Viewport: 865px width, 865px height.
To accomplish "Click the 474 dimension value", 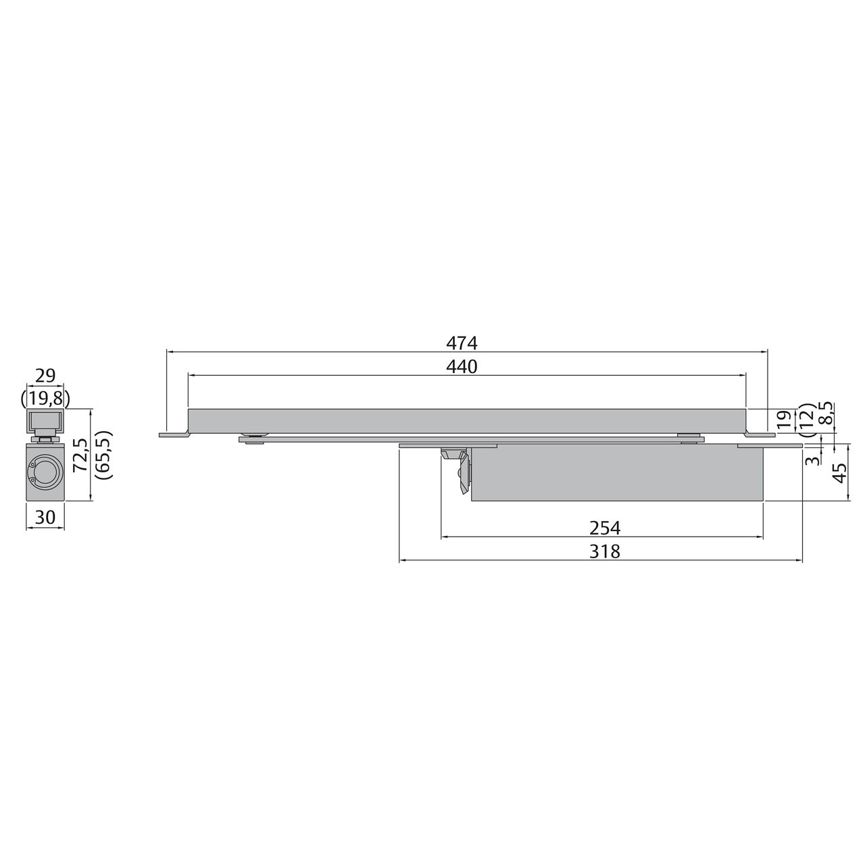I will [462, 343].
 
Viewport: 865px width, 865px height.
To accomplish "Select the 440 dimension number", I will [462, 367].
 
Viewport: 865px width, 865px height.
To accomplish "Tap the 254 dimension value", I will [604, 528].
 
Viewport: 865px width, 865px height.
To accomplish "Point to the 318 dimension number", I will [604, 552].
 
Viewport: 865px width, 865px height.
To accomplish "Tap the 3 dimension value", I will [814, 460].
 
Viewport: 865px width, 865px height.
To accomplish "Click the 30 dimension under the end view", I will [45, 517].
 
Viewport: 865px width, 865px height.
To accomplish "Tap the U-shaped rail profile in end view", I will [45, 422].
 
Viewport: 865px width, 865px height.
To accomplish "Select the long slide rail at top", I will [466, 420].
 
